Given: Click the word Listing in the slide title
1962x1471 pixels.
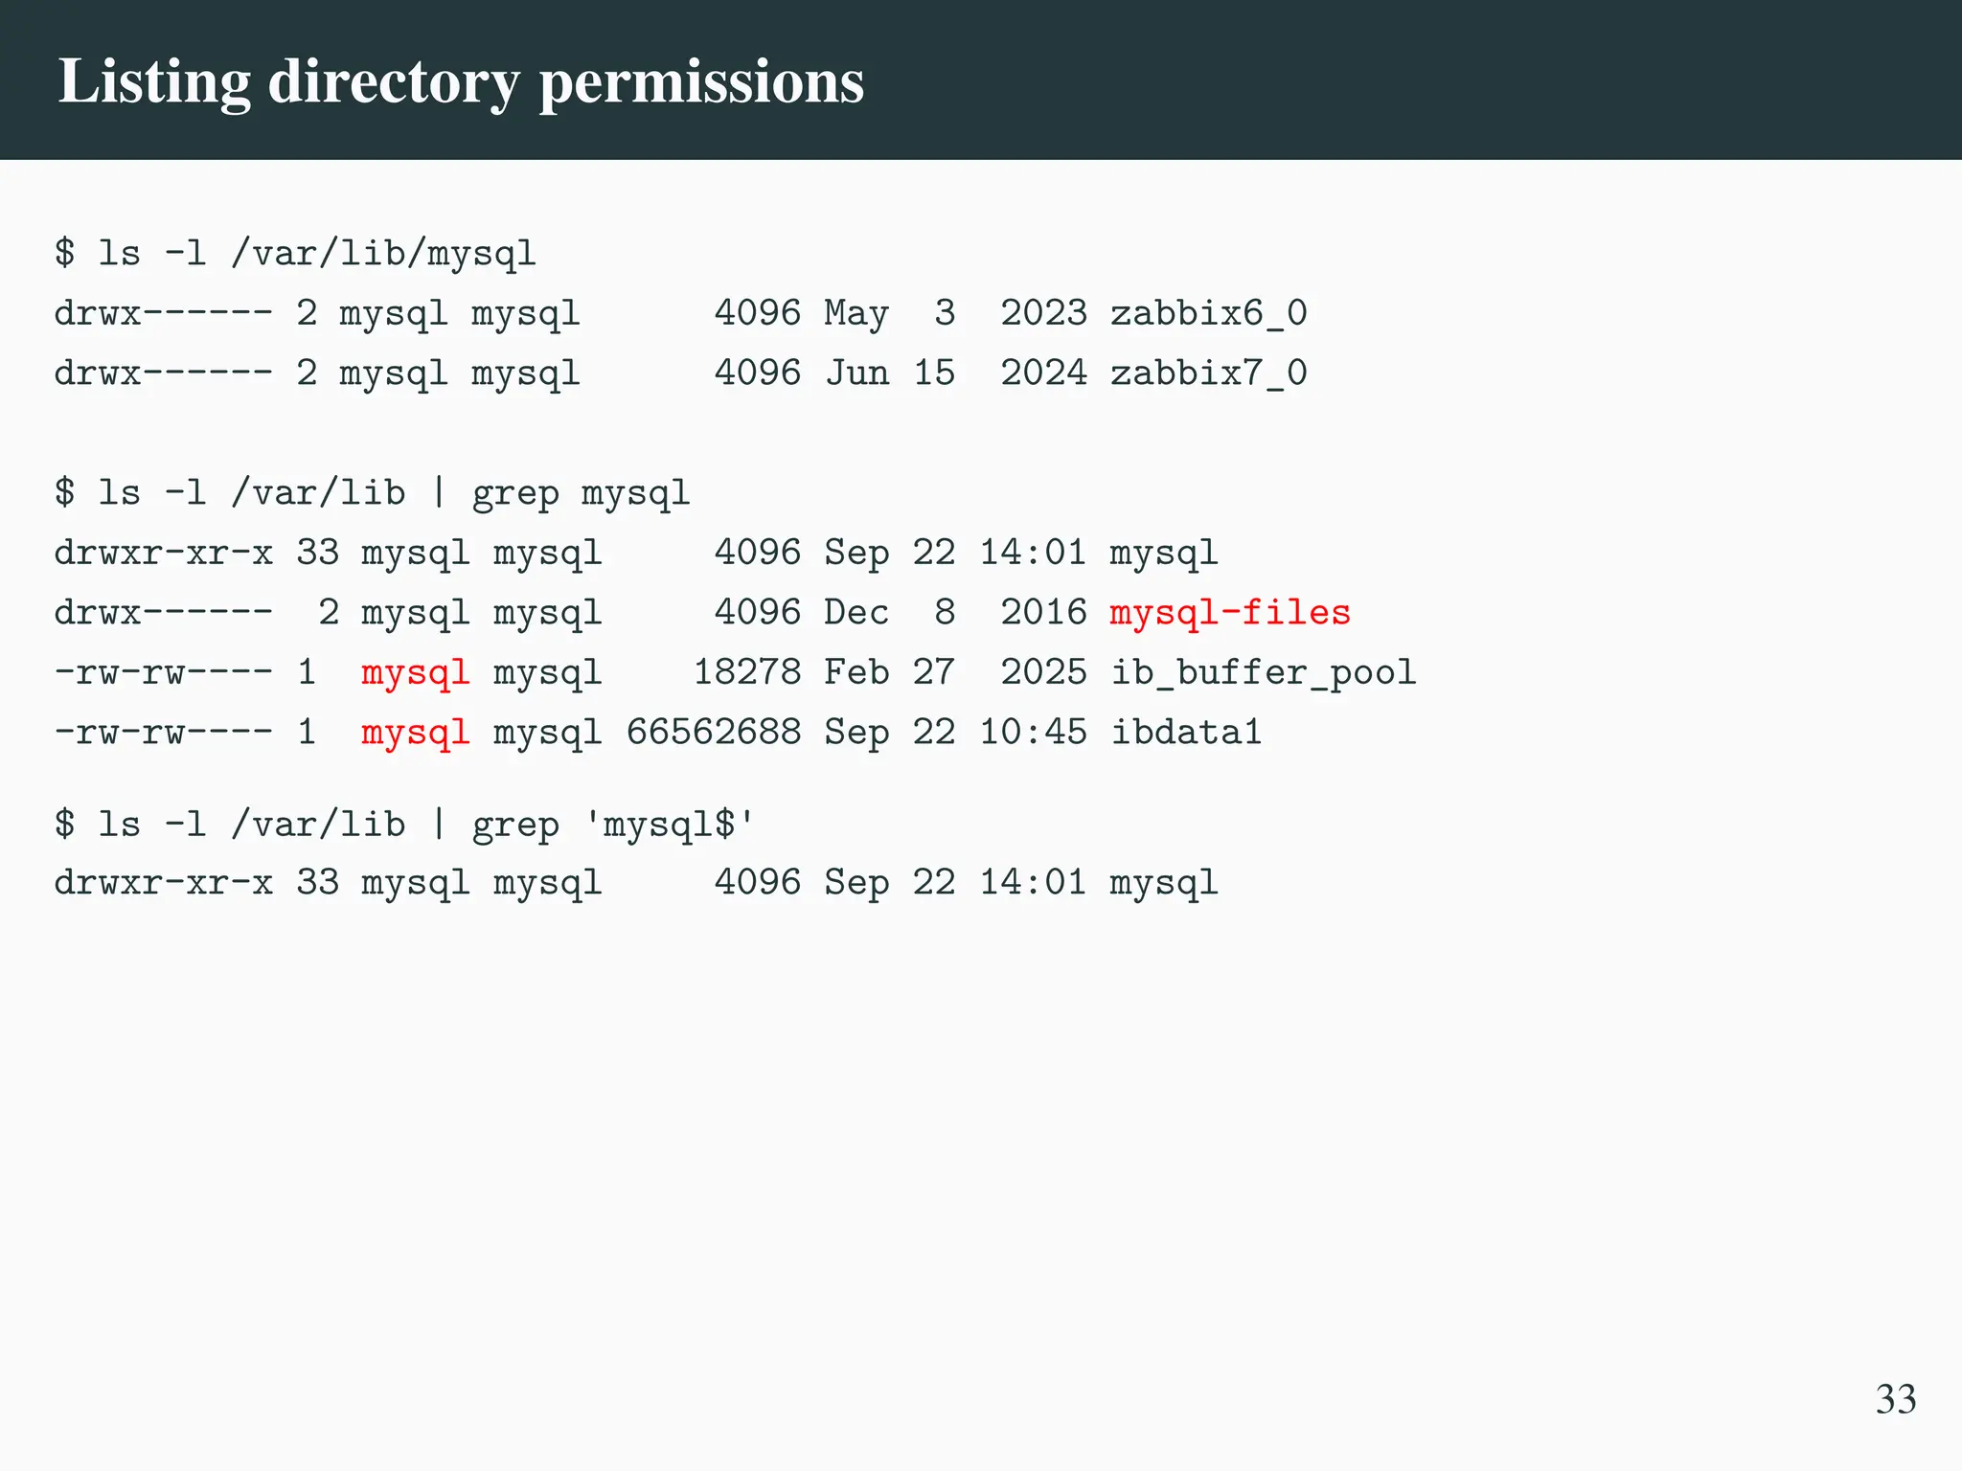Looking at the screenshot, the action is tap(154, 81).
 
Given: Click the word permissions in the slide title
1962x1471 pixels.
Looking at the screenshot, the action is tap(701, 81).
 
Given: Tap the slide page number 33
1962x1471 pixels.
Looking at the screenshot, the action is tap(1895, 1399).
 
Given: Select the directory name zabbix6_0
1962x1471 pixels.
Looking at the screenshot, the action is tap(1208, 313).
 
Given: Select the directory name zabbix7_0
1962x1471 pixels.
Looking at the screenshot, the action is tap(1208, 373).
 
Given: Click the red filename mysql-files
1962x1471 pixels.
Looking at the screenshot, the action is tap(1230, 613).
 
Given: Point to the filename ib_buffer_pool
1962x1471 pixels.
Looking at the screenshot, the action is tap(1263, 672).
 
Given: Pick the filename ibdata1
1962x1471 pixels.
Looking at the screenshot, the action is tap(1186, 733).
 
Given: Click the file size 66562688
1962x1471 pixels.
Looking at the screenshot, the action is tap(713, 733).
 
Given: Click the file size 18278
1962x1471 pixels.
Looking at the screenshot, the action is tap(746, 672).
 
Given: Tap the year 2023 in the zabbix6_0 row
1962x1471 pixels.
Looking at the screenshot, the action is tap(1044, 313).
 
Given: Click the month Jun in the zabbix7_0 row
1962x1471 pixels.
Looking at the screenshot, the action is tap(856, 373).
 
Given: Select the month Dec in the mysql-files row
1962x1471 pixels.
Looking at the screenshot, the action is tap(856, 613).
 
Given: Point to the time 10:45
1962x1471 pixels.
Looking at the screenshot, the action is tap(1033, 733).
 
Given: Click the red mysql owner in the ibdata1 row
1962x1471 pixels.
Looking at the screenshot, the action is tap(415, 733).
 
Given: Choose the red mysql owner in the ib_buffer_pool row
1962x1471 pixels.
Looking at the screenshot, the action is tap(415, 672).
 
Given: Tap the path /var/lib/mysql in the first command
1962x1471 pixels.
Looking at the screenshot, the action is tap(383, 254).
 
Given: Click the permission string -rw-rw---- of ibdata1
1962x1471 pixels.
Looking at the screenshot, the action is tap(163, 733).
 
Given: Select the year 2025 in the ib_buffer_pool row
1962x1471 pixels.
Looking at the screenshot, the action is tap(1044, 672).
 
